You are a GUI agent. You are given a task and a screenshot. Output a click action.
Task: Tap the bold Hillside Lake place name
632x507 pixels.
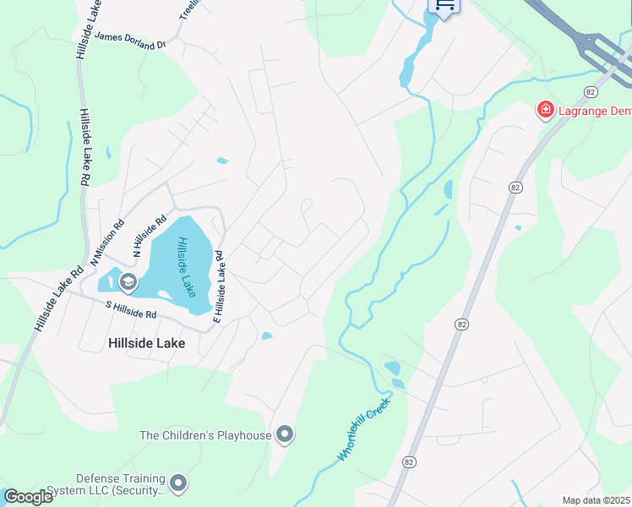coord(147,343)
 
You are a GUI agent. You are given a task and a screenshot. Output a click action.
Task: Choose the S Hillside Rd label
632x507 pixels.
coord(130,309)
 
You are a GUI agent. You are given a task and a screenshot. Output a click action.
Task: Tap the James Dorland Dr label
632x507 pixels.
coord(131,37)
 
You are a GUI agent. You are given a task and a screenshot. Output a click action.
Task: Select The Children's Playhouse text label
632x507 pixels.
coord(205,435)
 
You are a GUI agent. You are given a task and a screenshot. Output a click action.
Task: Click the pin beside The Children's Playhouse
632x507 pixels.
coord(285,435)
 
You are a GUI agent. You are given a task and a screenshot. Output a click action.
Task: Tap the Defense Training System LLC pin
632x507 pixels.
coord(177,483)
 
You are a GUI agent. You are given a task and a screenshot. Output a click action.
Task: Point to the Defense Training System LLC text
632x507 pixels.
coord(105,484)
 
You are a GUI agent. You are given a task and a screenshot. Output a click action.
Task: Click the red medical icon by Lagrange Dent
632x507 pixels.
coord(546,110)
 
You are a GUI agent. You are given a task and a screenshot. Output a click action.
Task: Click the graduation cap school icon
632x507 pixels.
coord(128,281)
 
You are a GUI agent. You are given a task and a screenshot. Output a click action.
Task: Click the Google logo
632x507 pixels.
coord(29,497)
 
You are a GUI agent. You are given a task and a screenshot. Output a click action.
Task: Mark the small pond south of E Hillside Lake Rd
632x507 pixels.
coord(267,335)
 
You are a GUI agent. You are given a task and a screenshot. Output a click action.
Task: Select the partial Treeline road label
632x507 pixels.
coord(188,10)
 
